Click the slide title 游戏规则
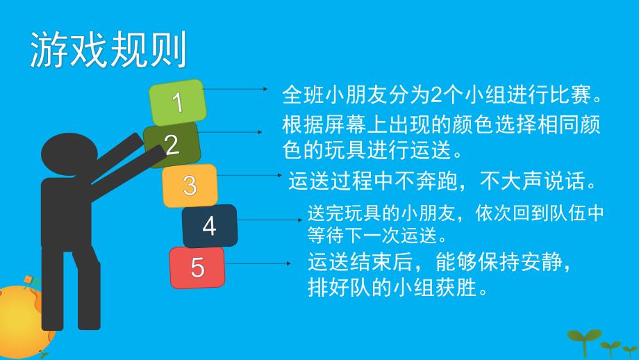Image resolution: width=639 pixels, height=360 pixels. point(108,50)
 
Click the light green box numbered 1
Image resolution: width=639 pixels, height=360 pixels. point(179,103)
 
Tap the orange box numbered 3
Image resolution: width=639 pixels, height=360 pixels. point(190,186)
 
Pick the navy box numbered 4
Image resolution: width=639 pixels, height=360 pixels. point(209,227)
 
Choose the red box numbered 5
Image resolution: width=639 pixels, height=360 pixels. point(197,268)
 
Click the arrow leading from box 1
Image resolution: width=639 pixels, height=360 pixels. point(236,89)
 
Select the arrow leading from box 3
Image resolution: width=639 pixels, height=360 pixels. point(247,176)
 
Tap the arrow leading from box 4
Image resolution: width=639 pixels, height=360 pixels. point(267,220)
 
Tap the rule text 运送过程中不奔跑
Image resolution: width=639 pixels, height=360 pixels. point(442,183)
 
